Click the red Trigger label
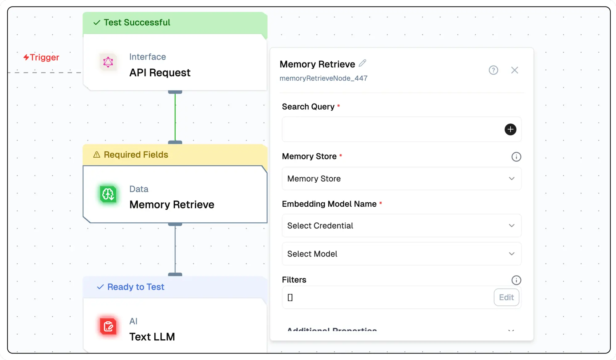(42, 57)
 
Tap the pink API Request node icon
(108, 62)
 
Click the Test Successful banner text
(137, 22)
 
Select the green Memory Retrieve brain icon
(108, 194)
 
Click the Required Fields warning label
(136, 155)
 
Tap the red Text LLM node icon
(108, 326)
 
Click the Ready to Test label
(136, 287)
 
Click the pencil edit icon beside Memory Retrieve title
(363, 63)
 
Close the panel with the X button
(514, 70)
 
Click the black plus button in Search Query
(510, 129)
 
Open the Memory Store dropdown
(401, 179)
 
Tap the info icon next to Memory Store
(516, 157)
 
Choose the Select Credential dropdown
(401, 226)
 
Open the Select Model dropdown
(401, 254)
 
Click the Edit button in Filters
(506, 297)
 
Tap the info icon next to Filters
(516, 280)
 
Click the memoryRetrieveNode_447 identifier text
(323, 78)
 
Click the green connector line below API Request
(175, 117)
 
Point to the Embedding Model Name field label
(329, 204)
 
